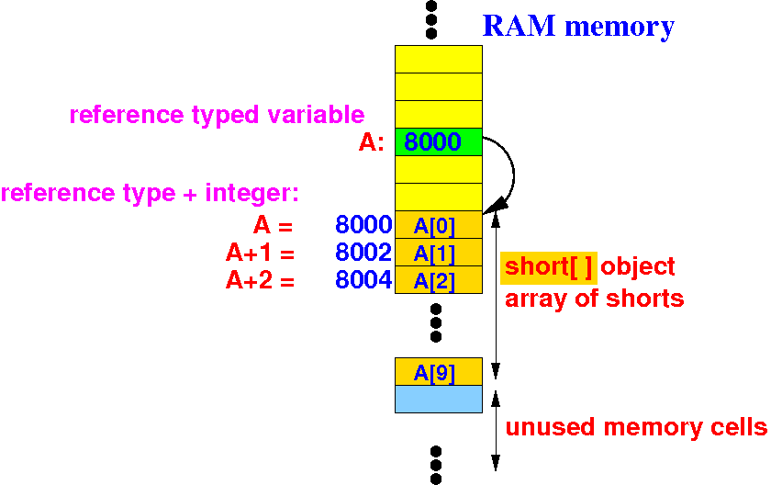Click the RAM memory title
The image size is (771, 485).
(x=578, y=27)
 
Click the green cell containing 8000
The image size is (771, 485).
(x=438, y=142)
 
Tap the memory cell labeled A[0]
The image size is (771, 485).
(x=438, y=225)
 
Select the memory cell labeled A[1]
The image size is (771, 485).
(x=438, y=253)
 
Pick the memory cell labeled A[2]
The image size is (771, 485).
(x=438, y=280)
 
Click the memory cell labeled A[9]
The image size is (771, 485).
(x=438, y=372)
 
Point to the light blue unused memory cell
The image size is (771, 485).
(x=438, y=399)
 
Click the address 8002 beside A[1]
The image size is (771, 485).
(x=363, y=253)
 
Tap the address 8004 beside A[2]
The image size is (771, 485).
(x=363, y=280)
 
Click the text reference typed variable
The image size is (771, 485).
(x=217, y=115)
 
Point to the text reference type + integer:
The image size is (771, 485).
(x=151, y=194)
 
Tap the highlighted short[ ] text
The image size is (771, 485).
(x=549, y=267)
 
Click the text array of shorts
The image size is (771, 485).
(x=594, y=299)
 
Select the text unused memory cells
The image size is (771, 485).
(x=636, y=427)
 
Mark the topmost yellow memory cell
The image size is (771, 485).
(x=438, y=59)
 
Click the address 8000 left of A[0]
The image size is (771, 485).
(x=363, y=225)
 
